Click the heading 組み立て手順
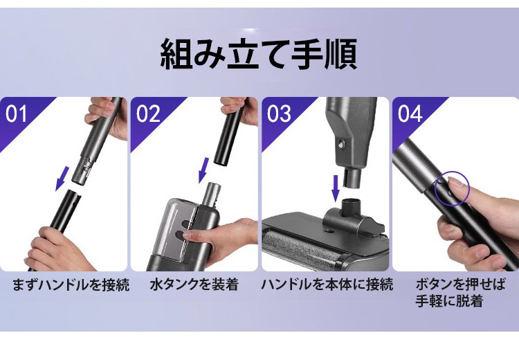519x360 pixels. pyautogui.click(x=259, y=54)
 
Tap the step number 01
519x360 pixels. pyautogui.click(x=16, y=114)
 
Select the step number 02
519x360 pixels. pyautogui.click(x=148, y=114)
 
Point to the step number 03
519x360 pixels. pyautogui.click(x=279, y=114)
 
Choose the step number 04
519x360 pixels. pyautogui.click(x=410, y=114)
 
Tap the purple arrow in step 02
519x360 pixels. pyautogui.click(x=203, y=170)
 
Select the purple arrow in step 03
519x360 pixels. pyautogui.click(x=336, y=188)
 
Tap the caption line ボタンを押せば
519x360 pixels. pyautogui.click(x=461, y=285)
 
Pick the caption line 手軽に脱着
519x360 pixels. pyautogui.click(x=449, y=301)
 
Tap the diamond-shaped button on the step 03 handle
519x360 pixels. pyautogui.click(x=342, y=144)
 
